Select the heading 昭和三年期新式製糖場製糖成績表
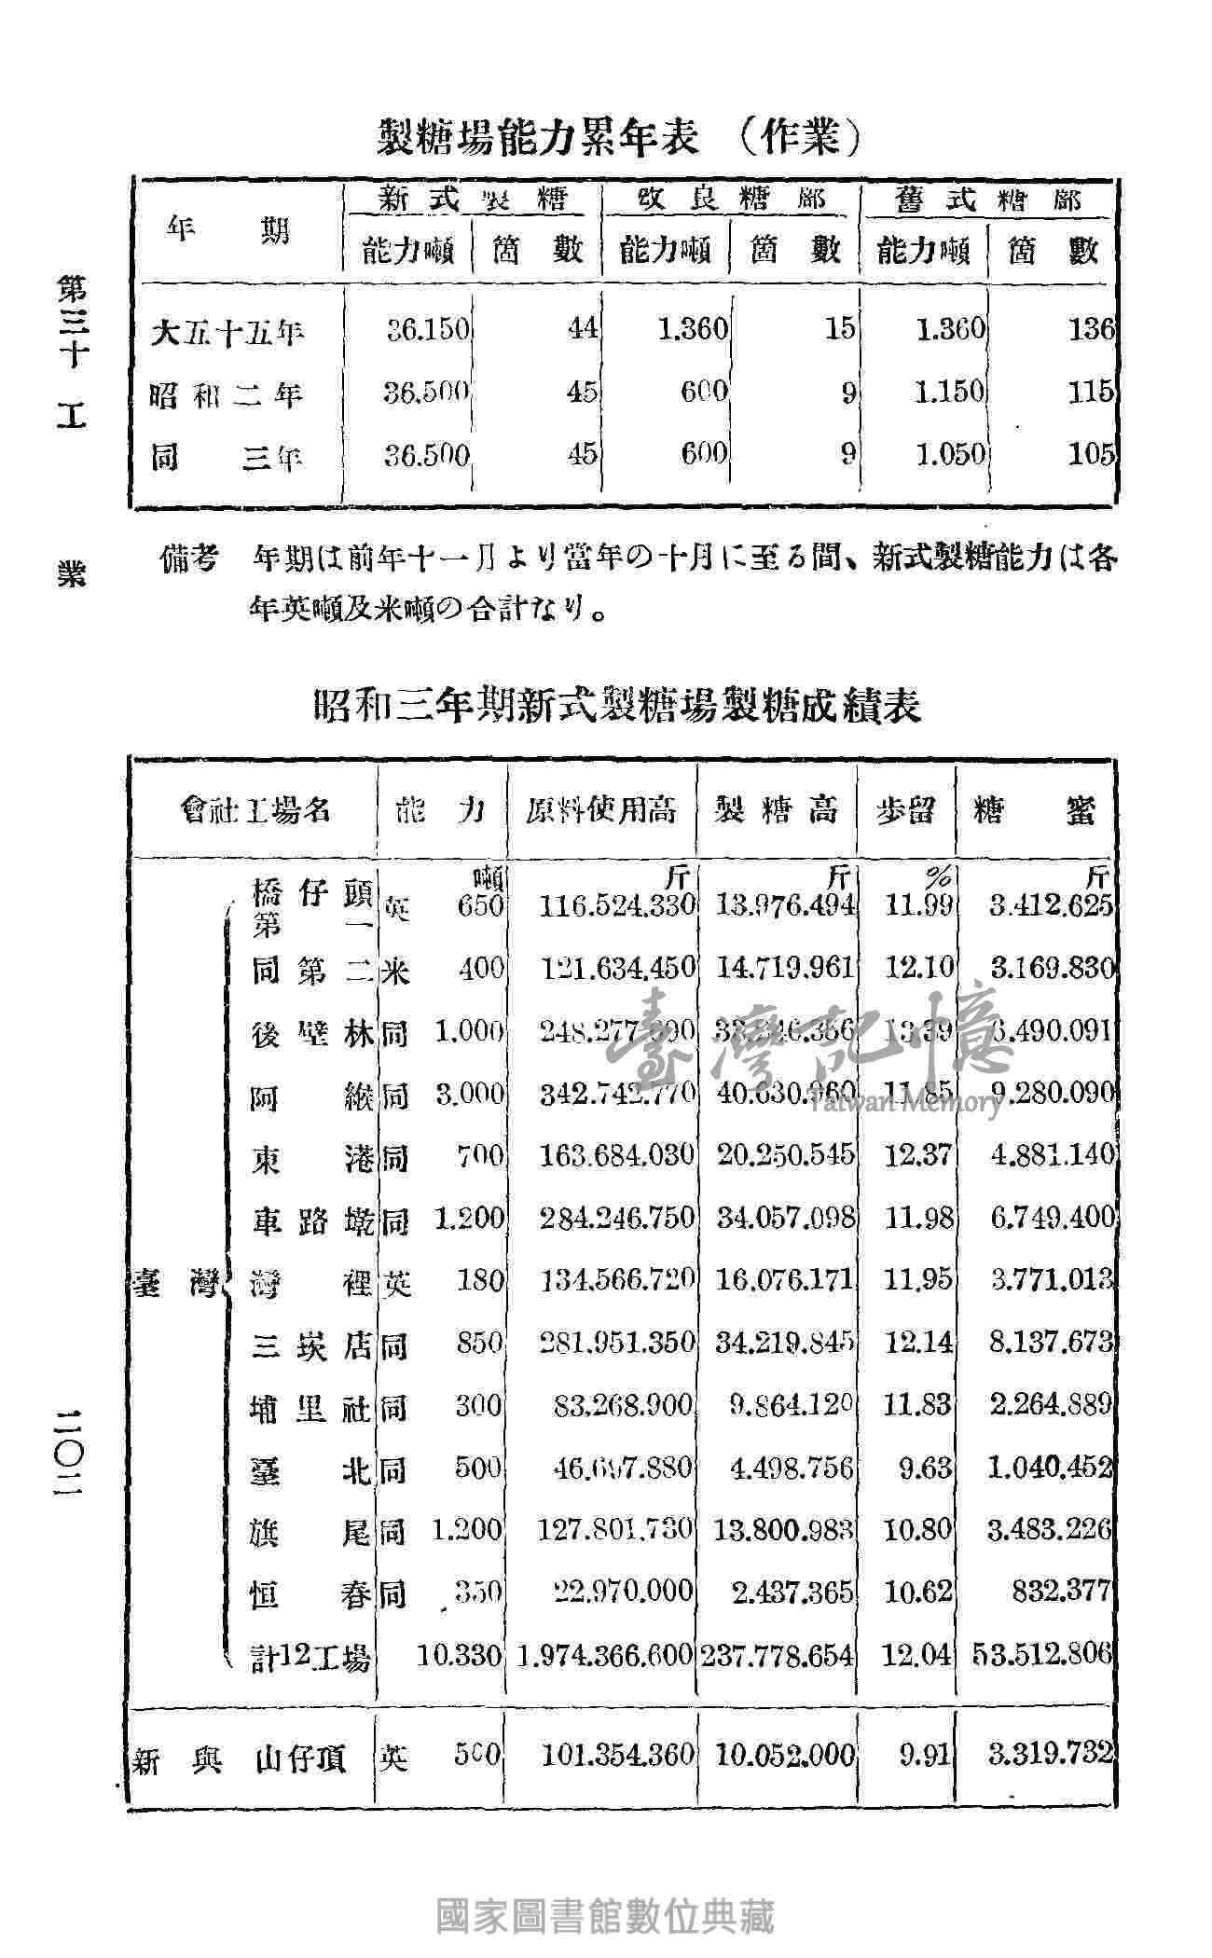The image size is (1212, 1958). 616,707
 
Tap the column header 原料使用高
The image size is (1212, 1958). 600,809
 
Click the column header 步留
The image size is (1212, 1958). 904,809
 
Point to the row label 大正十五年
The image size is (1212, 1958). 227,331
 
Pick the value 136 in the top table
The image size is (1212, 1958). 1091,329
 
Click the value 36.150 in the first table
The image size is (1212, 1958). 428,330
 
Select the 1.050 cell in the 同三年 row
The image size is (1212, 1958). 949,454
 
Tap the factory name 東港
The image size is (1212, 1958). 311,1157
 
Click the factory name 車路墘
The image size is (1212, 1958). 311,1219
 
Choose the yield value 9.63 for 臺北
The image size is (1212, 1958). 918,1468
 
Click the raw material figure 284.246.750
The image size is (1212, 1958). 618,1217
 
